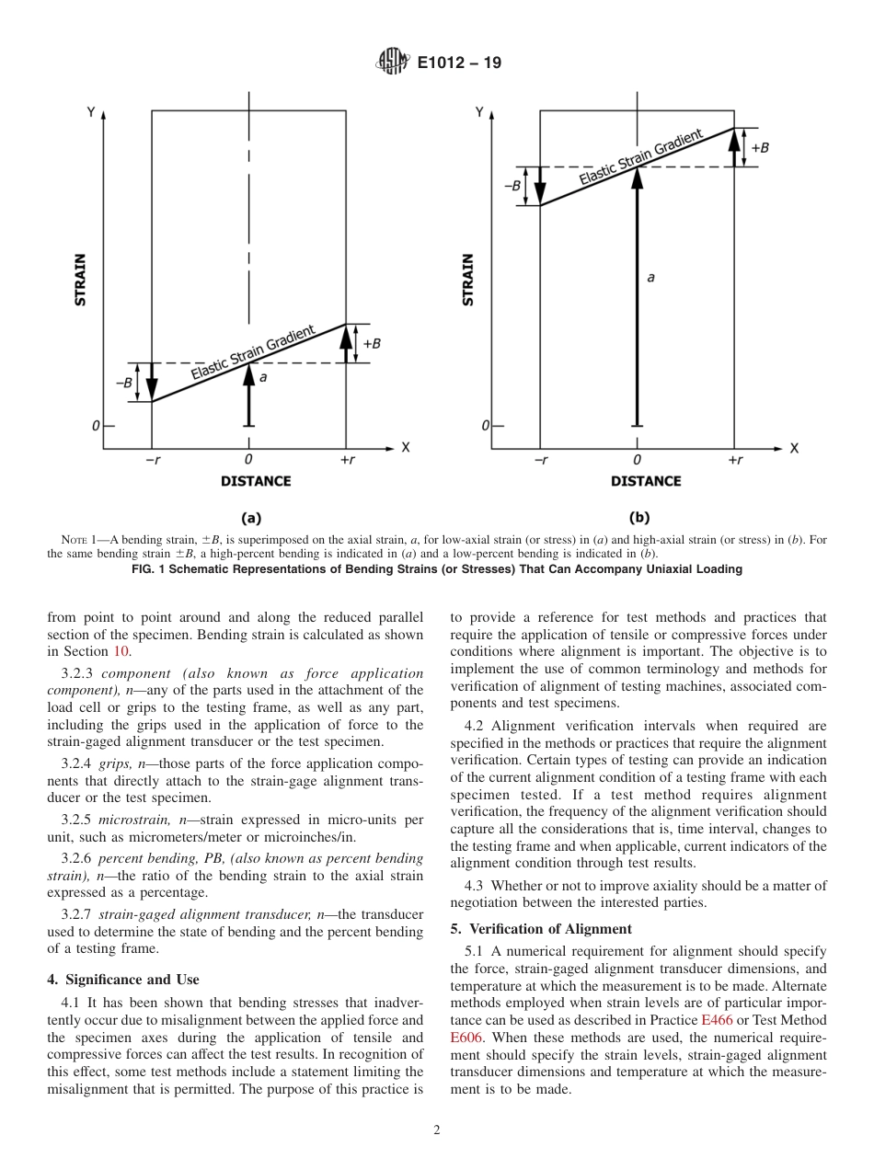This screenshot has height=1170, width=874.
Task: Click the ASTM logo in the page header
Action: click(x=392, y=63)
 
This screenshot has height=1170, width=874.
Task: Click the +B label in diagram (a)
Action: click(x=372, y=343)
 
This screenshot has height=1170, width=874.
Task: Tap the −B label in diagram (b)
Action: click(x=512, y=186)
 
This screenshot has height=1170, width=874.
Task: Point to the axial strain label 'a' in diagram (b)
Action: click(x=651, y=277)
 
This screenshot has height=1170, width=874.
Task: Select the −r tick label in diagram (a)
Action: click(x=152, y=460)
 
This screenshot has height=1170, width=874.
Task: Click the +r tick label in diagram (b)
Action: click(x=734, y=460)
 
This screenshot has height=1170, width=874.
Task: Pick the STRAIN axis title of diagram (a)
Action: click(x=81, y=280)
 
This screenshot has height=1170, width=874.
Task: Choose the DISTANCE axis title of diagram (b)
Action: click(x=646, y=481)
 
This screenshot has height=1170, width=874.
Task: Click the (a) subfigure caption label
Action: click(x=250, y=518)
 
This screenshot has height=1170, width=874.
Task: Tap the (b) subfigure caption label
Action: click(x=638, y=518)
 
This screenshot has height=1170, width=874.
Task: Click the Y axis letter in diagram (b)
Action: click(x=479, y=112)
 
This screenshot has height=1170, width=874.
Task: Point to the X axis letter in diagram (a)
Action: click(x=405, y=447)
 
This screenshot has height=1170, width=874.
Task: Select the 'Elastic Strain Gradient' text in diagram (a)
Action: click(x=253, y=353)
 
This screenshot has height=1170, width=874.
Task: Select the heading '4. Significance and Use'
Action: click(x=123, y=979)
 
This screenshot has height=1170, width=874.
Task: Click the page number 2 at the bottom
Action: click(x=437, y=1130)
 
